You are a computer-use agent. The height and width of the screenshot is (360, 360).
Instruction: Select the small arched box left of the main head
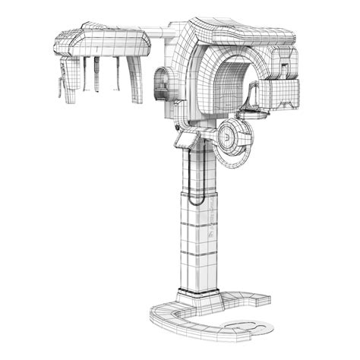(163, 82)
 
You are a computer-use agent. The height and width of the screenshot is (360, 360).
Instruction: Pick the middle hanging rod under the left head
(96, 74)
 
